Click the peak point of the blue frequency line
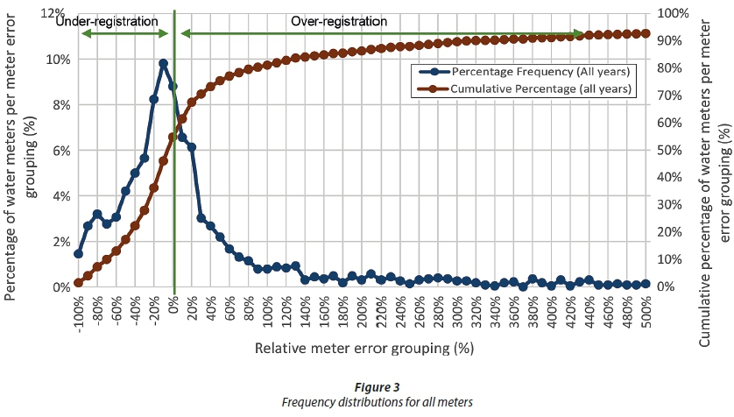tap(163, 63)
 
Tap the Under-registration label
tap(108, 19)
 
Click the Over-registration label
tap(339, 19)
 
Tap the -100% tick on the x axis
tap(77, 313)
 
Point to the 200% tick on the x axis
tap(361, 313)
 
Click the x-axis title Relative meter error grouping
tap(363, 348)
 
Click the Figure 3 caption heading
tap(377, 387)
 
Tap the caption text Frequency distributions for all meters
tap(377, 402)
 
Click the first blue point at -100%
tap(78, 253)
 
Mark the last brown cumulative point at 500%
tap(646, 33)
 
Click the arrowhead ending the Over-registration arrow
tap(580, 33)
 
